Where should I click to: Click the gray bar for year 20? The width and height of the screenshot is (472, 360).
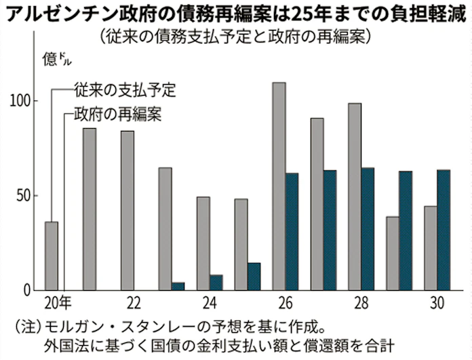click(x=52, y=256)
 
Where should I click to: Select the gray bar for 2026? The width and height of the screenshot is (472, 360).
click(x=279, y=186)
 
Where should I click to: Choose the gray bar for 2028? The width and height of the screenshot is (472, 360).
click(x=354, y=197)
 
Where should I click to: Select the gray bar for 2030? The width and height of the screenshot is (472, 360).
click(x=430, y=248)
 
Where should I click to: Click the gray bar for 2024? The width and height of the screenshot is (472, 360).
click(x=203, y=243)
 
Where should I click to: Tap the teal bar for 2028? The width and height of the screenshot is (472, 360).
click(x=368, y=229)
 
